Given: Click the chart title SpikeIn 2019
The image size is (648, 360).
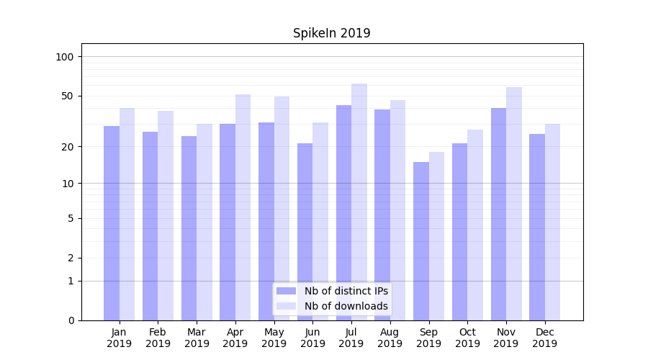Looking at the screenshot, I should point(331,34).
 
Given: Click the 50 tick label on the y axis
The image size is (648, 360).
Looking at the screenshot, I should point(68,96).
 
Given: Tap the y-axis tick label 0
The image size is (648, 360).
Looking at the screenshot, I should point(71,320).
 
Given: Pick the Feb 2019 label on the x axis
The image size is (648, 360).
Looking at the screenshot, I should point(158,338).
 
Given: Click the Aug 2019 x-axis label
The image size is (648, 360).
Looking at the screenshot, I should point(390,338).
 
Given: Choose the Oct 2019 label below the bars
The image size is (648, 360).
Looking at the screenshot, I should point(467,338).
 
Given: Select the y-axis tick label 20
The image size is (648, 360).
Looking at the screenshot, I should point(68,147).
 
